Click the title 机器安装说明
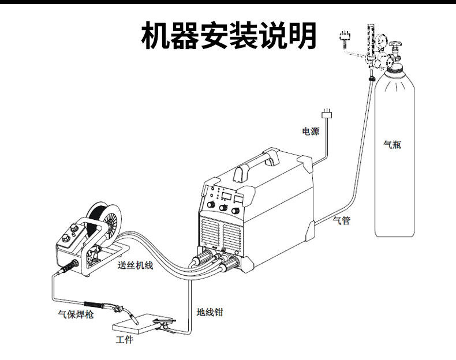tap(229, 36)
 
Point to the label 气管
tap(342, 220)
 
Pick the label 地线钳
tap(210, 313)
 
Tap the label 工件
tap(124, 340)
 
